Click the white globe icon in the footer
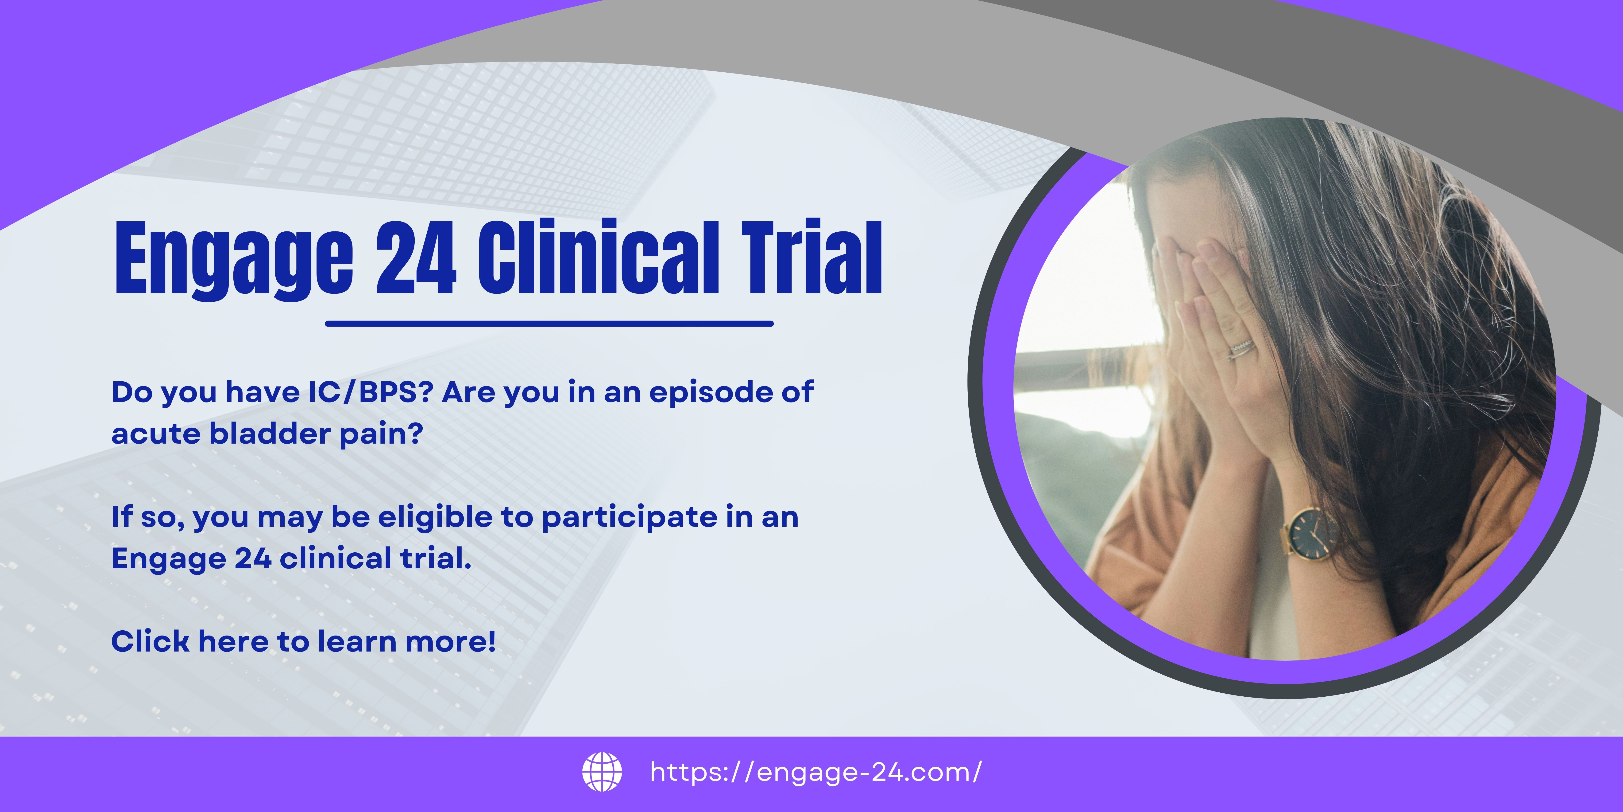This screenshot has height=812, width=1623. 602,772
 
